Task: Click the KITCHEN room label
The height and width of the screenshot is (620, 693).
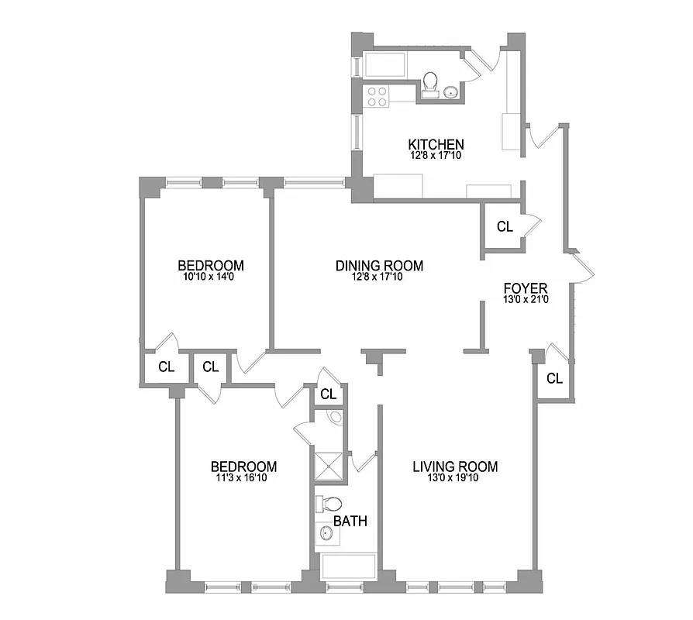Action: pyautogui.click(x=436, y=144)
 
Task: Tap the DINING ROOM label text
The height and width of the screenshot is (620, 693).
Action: pyautogui.click(x=379, y=266)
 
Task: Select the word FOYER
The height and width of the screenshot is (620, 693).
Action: pyautogui.click(x=526, y=288)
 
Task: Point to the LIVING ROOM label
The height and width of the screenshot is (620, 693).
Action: pyautogui.click(x=454, y=467)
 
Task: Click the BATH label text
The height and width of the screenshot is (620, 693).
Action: pyautogui.click(x=350, y=521)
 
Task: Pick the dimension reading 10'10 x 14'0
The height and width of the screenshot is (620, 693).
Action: pyautogui.click(x=210, y=276)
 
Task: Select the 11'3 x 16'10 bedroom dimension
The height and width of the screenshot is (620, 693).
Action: pyautogui.click(x=243, y=478)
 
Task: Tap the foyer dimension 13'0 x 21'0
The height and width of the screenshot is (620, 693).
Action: pyautogui.click(x=526, y=300)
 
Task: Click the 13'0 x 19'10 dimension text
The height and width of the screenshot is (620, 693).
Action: pyautogui.click(x=454, y=478)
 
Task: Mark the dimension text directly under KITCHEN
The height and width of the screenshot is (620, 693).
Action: pyautogui.click(x=436, y=155)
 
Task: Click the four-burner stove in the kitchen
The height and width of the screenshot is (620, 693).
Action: pyautogui.click(x=377, y=96)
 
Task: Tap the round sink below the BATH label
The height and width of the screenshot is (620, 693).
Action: pyautogui.click(x=326, y=534)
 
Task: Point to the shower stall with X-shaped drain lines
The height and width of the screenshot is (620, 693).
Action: pyautogui.click(x=327, y=465)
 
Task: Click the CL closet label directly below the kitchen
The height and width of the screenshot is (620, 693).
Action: pyautogui.click(x=505, y=227)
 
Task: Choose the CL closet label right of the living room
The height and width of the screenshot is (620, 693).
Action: pyautogui.click(x=553, y=378)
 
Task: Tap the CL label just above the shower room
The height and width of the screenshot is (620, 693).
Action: pyautogui.click(x=328, y=394)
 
